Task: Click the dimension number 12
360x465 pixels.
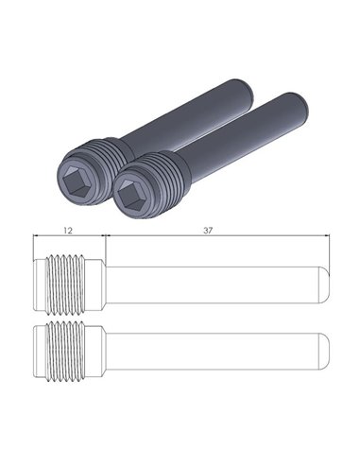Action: (x=67, y=230)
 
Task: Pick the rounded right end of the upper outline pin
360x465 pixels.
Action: (x=324, y=283)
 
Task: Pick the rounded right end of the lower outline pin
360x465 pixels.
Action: (x=324, y=349)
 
